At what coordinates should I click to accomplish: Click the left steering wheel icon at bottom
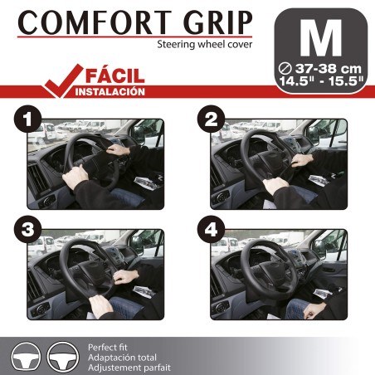tap(26, 355)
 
